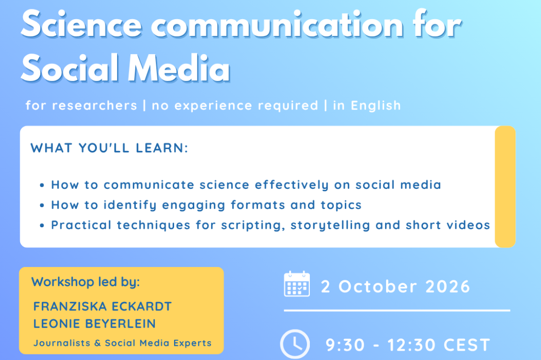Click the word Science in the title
point(82,24)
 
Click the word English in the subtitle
point(376,105)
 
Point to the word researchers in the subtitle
point(94,106)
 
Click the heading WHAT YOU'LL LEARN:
point(109,148)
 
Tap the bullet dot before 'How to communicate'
point(42,185)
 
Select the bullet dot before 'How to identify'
point(42,206)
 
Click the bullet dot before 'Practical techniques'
point(42,226)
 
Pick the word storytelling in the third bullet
point(330,225)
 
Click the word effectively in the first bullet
point(292,185)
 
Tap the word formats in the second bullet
point(258,205)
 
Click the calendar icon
point(297,284)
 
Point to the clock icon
point(295,344)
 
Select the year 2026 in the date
point(448,287)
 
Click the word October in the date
point(377,287)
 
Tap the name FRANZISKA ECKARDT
point(102,306)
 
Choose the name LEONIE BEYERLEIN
point(94,324)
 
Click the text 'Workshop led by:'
point(86,282)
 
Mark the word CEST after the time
point(466,345)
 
